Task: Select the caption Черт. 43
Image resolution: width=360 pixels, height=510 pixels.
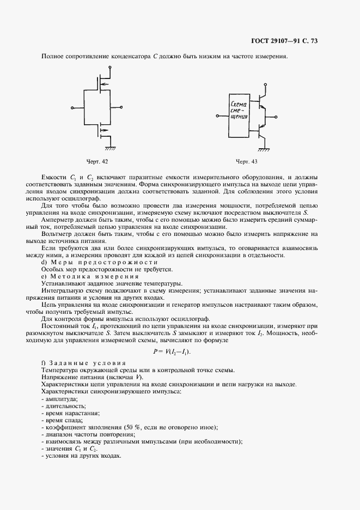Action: click(247, 162)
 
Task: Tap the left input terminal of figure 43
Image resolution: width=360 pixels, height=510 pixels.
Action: click(217, 116)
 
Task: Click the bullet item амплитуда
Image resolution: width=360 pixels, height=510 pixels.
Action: click(62, 399)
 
